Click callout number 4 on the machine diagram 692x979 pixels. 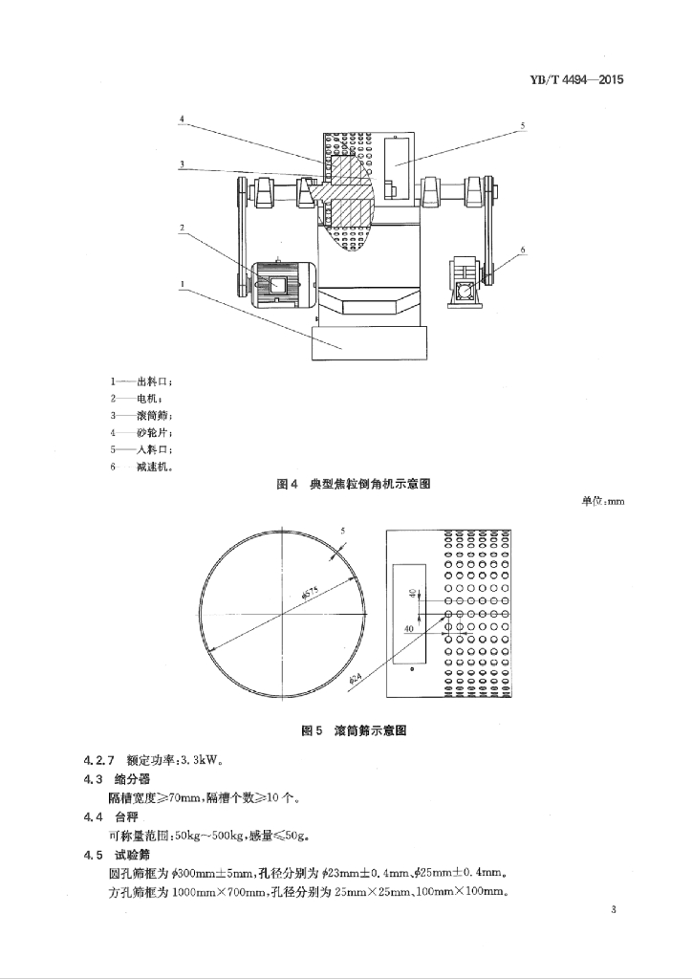(182, 119)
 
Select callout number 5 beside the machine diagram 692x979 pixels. (523, 126)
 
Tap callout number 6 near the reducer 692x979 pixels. (523, 250)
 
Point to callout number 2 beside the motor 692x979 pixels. (182, 228)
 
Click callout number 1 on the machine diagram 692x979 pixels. (182, 283)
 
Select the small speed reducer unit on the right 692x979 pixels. (466, 282)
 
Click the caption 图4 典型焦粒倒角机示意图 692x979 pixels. (354, 484)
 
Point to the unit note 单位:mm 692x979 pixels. (603, 501)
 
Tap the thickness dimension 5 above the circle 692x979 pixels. (342, 532)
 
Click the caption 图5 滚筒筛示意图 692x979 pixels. (354, 730)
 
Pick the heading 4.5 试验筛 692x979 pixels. (117, 855)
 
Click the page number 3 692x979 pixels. (614, 910)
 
